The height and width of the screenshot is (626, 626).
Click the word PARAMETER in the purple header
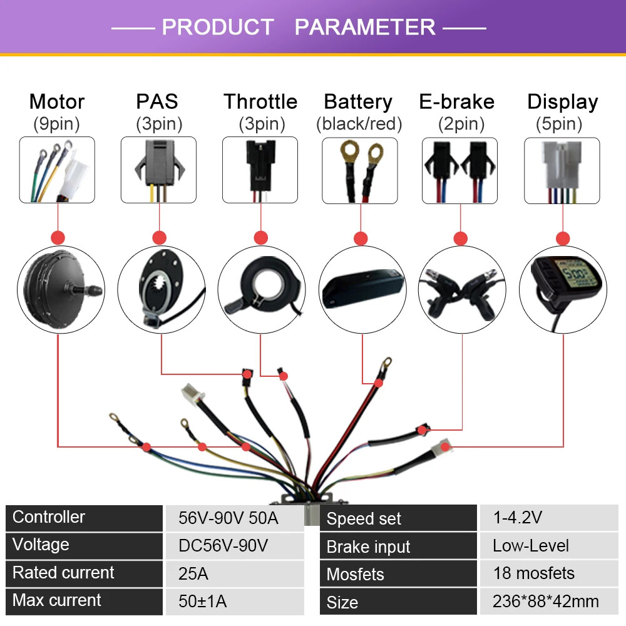coord(365,27)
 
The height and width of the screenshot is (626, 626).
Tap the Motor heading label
coord(57,101)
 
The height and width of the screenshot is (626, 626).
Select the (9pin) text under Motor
coord(57,124)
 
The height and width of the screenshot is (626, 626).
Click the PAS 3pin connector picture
coord(158,170)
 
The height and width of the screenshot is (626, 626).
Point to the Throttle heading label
coord(260,101)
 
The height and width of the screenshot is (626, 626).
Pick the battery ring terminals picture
coord(360,170)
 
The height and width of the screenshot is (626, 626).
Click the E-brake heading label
coord(457,101)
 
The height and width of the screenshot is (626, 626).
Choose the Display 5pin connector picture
coord(562,170)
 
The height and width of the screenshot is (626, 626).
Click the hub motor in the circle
coord(61,289)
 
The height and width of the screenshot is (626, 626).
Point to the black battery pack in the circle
coord(362,288)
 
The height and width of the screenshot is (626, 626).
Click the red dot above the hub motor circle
coord(58,237)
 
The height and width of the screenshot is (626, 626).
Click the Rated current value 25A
coord(193,573)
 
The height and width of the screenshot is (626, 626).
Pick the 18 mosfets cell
coord(534,573)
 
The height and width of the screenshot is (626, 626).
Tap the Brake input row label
coord(368,546)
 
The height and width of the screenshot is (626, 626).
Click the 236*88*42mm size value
coord(545,601)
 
